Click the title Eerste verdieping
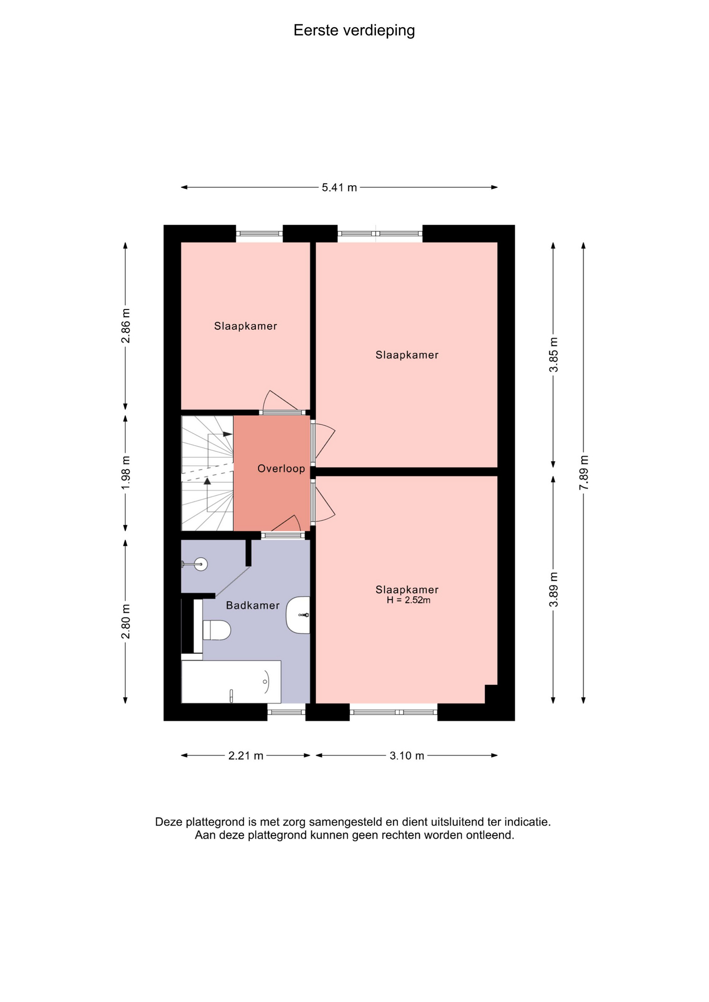354,31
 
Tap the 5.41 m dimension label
339,187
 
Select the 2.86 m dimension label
126,326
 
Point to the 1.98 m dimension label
126,473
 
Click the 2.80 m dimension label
126,622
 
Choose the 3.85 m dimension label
554,355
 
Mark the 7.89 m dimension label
584,473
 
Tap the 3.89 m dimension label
554,590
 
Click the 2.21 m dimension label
246,756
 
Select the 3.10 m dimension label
407,756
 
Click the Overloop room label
281,469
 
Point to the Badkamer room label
253,605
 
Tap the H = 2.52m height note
408,600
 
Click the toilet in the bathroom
216,630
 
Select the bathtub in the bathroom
231,682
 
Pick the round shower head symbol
200,564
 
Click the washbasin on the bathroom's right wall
298,615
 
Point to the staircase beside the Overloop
207,473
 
